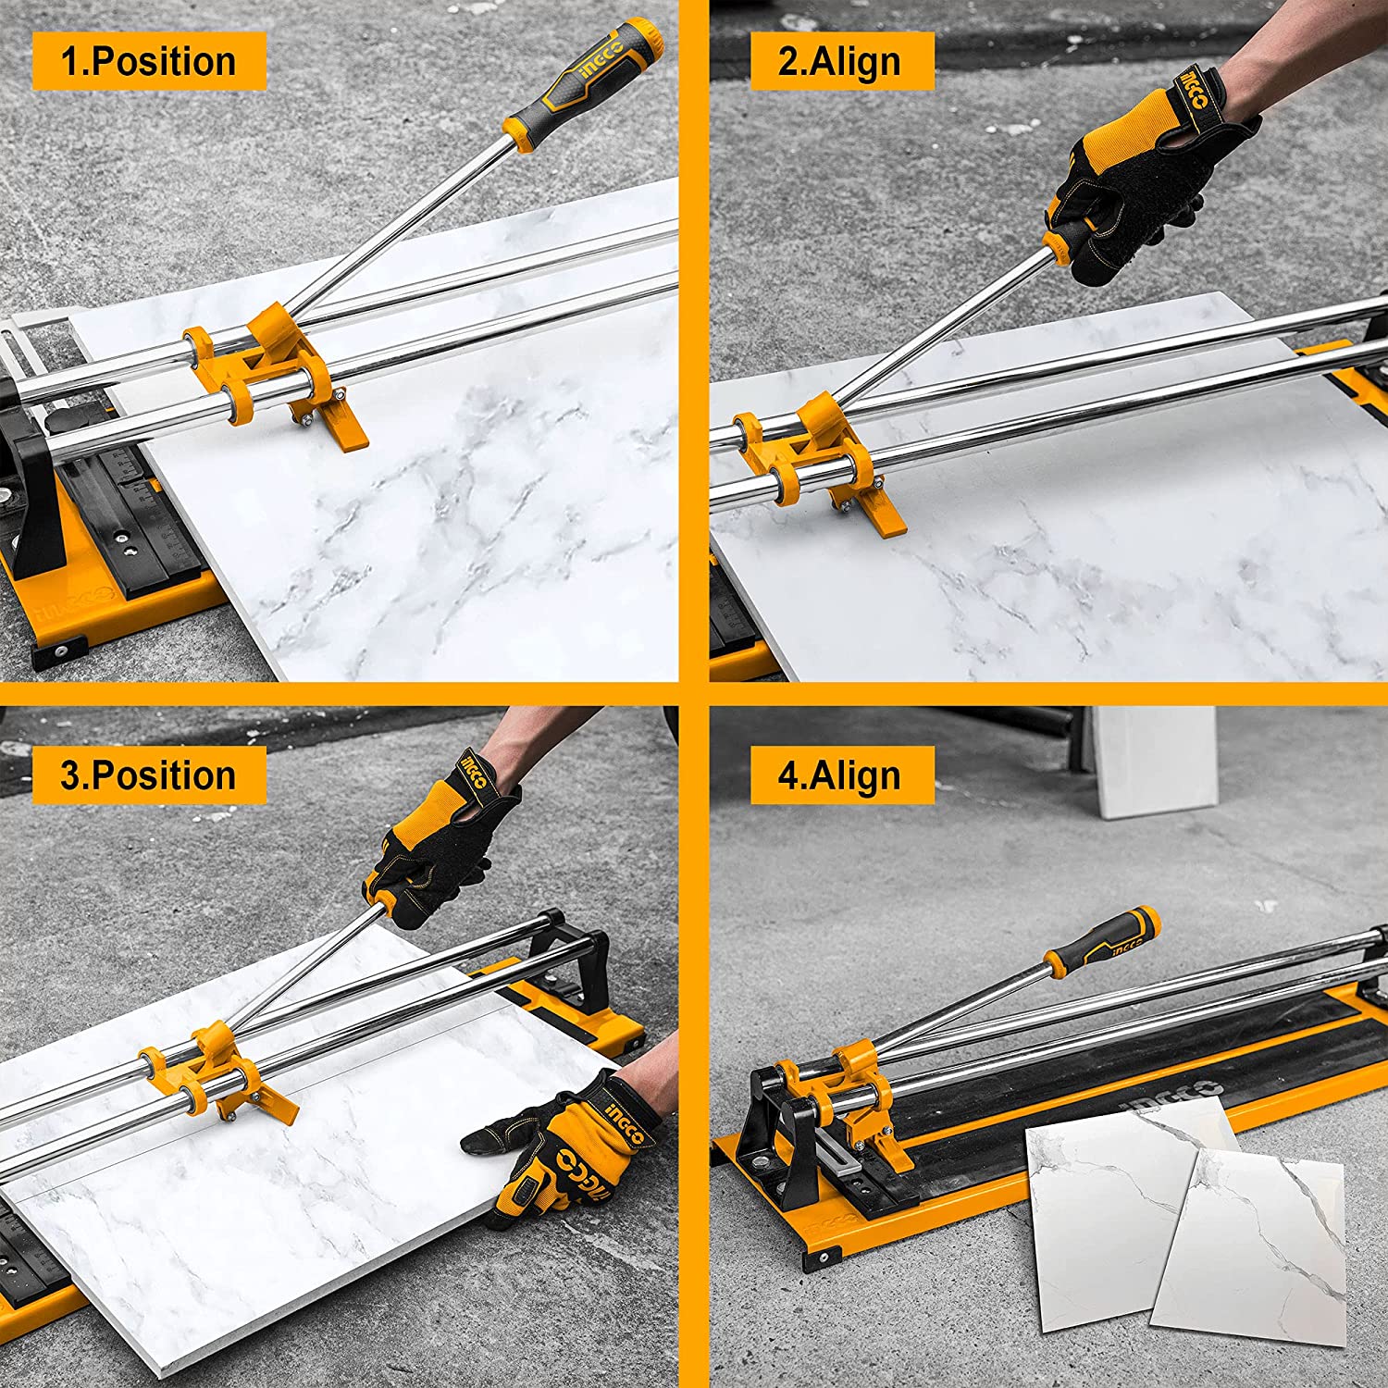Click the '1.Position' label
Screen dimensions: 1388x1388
149,61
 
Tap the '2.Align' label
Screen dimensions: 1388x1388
840,61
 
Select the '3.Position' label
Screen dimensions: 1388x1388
149,775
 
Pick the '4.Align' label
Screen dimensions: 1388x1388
840,775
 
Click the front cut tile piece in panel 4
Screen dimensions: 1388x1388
1249,1245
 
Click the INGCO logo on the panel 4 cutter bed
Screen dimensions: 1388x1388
1171,1097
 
